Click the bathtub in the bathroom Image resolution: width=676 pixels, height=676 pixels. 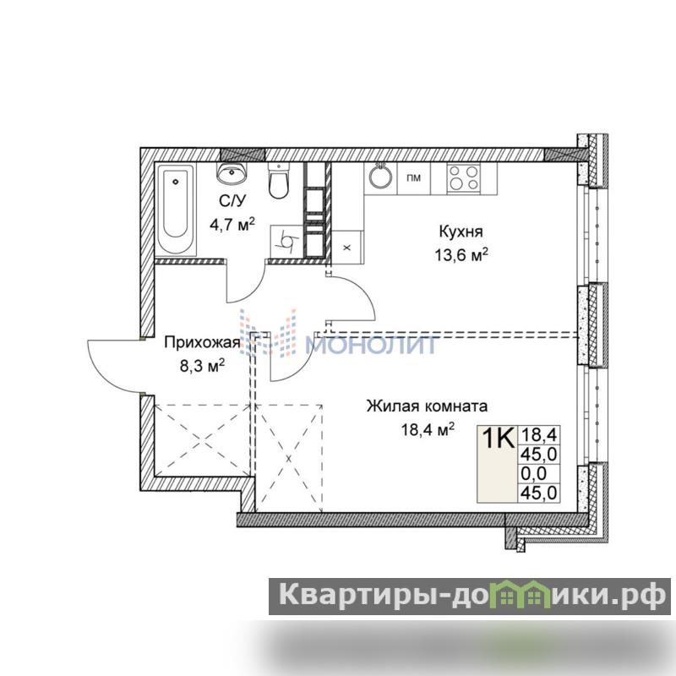tap(176, 209)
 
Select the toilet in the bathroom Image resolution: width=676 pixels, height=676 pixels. tap(279, 180)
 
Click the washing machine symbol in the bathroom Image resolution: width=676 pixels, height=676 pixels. tap(287, 242)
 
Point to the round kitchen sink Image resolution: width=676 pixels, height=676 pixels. tap(380, 177)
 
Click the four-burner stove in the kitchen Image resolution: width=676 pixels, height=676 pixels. tap(464, 178)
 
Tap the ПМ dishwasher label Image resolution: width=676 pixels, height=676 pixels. tap(413, 177)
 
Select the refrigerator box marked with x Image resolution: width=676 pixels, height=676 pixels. tap(347, 247)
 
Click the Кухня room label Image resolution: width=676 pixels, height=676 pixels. tap(461, 232)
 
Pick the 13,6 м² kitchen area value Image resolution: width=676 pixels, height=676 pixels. tap(461, 255)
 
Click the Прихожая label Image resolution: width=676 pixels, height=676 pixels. tap(202, 343)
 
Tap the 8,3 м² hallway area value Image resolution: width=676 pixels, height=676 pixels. tap(202, 367)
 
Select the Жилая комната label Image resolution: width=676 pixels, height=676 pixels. tap(427, 406)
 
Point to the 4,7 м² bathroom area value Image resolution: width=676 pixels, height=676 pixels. tap(232, 224)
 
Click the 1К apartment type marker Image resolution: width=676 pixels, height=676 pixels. tap(498, 438)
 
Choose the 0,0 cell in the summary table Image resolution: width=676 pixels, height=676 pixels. tap(534, 473)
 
